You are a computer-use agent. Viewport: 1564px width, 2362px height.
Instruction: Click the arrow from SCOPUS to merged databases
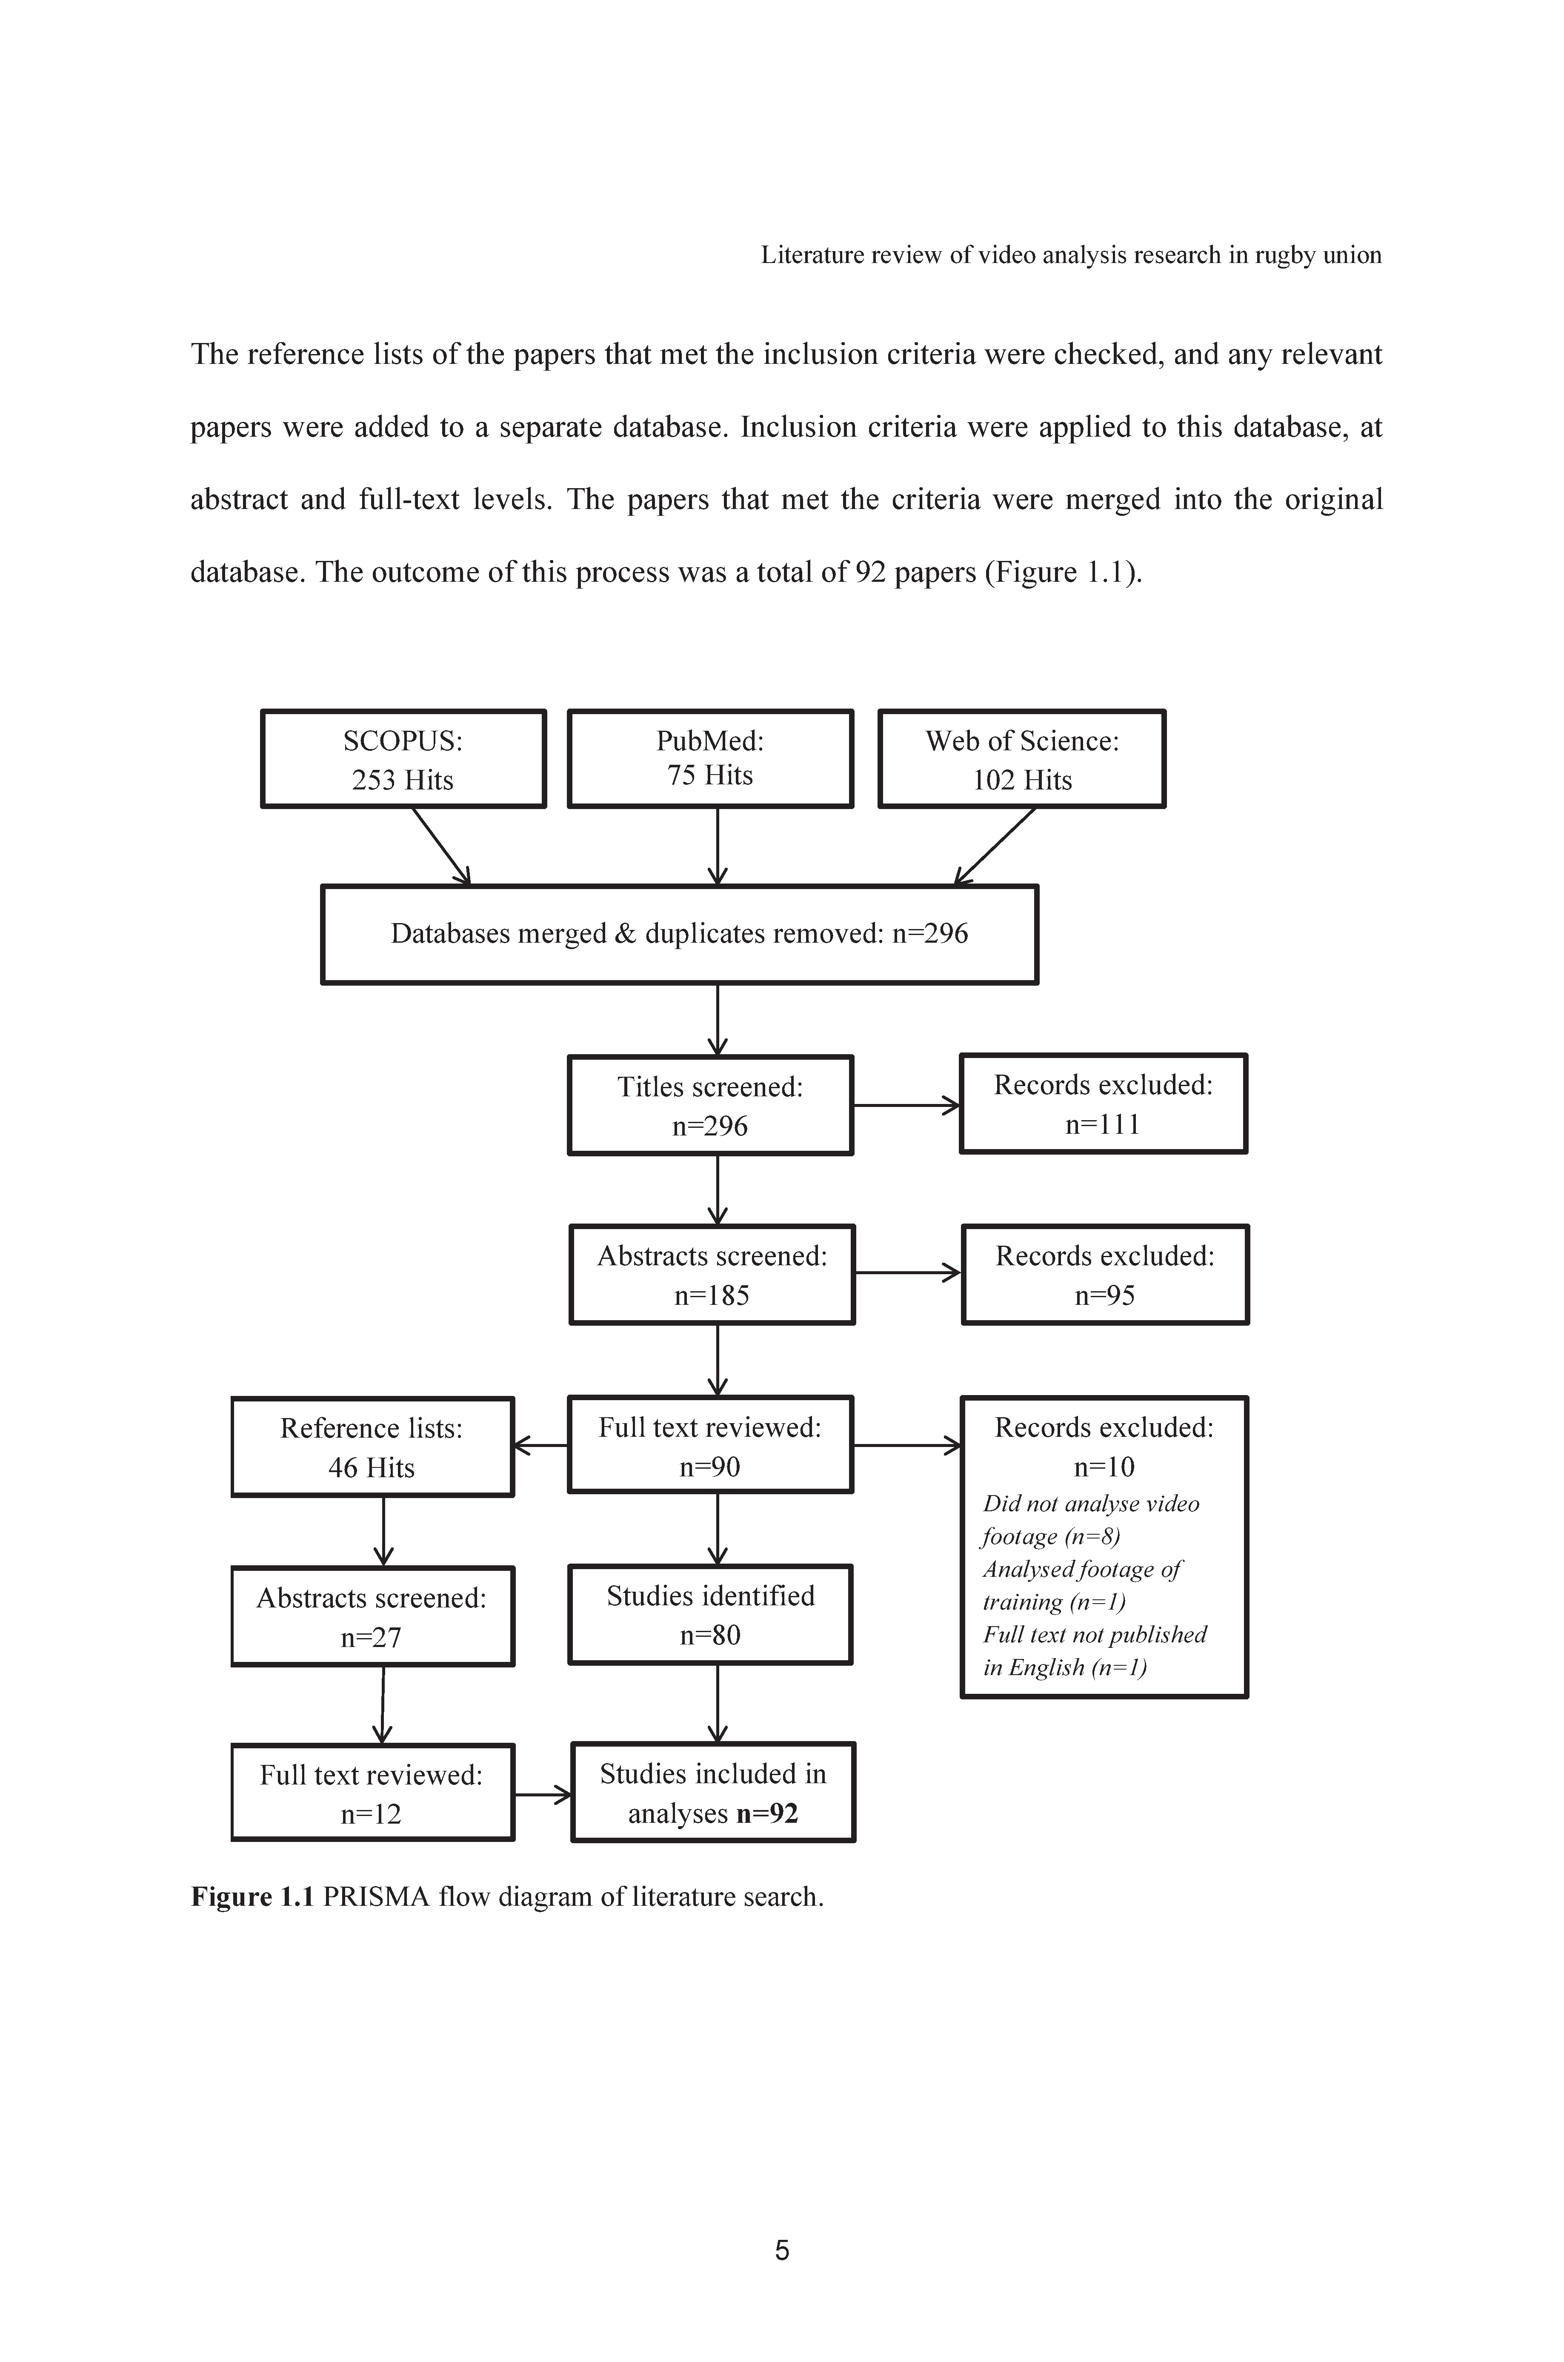(441, 846)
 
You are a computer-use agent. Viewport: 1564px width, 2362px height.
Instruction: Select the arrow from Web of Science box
(995, 846)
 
